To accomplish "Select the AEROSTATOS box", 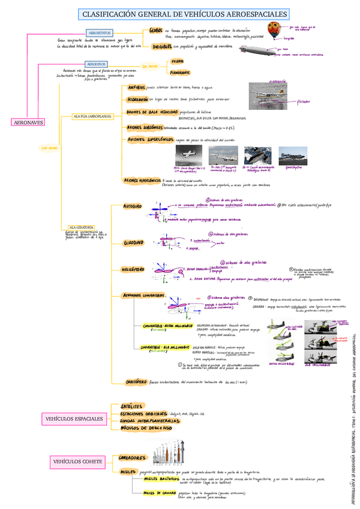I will point(99,33).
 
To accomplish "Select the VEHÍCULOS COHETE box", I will point(74,461).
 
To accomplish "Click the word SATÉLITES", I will point(132,406).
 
